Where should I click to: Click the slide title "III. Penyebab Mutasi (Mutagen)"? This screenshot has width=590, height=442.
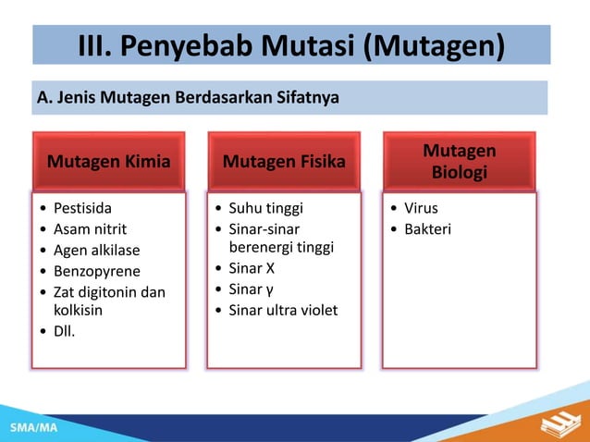point(291,44)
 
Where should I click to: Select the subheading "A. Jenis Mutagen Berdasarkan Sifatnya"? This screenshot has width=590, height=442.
point(187,96)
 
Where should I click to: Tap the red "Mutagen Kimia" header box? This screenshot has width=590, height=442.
point(109,162)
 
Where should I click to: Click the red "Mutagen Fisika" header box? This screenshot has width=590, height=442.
point(284,162)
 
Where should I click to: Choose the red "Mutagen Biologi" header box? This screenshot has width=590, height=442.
point(459,162)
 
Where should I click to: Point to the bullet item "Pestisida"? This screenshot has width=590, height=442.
point(82,208)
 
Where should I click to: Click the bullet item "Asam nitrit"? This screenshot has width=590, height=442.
point(90,228)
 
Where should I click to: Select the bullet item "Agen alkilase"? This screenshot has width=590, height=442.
point(96,250)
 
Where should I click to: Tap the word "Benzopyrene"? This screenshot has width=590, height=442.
point(97,271)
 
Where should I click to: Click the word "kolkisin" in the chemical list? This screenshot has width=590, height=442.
point(78,311)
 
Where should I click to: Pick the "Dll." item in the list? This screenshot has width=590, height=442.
point(65,331)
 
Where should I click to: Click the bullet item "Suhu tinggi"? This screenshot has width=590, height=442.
point(265,208)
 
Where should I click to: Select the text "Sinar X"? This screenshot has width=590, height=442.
point(252,269)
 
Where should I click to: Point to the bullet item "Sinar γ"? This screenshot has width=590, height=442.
point(251,289)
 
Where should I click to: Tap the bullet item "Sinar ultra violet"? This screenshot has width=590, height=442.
point(283,310)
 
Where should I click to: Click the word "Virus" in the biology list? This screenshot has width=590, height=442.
point(421,208)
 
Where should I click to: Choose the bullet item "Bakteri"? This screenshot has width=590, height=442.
point(427,228)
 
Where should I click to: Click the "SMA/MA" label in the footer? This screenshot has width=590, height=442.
point(33,429)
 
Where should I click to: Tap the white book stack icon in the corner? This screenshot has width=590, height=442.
point(558,424)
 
